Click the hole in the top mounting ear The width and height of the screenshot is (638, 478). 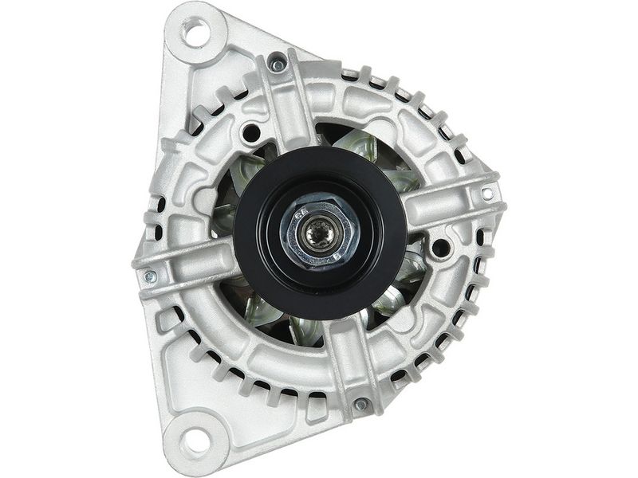point(195,33)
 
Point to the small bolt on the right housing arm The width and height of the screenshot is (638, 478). point(487,194)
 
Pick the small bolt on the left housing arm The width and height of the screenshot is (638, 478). point(150,277)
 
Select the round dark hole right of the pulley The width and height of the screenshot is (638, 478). point(439,248)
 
